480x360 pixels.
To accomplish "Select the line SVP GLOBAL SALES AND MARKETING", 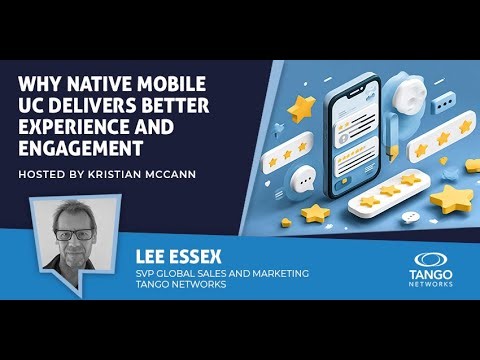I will point(223,273).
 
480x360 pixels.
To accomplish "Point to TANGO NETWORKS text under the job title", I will point(180,286).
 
